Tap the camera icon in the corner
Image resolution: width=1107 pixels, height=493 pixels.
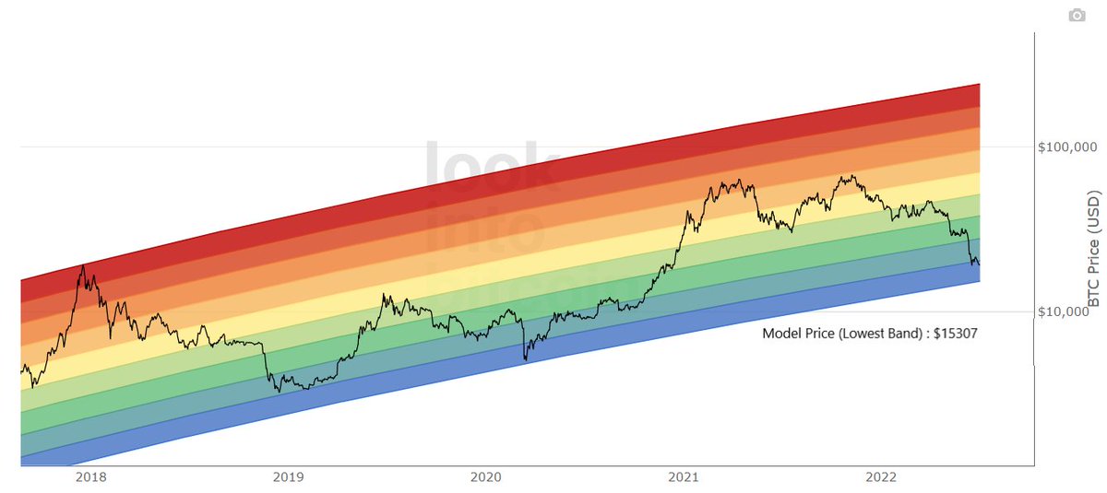[x=1076, y=16]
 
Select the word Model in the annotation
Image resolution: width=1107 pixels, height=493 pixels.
[x=780, y=334]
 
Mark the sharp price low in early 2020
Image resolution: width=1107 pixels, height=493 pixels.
[x=525, y=358]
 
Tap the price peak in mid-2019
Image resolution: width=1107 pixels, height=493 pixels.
[x=383, y=296]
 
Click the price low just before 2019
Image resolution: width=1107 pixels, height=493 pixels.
[x=279, y=392]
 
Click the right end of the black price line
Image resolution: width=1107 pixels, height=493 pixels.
[x=979, y=264]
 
